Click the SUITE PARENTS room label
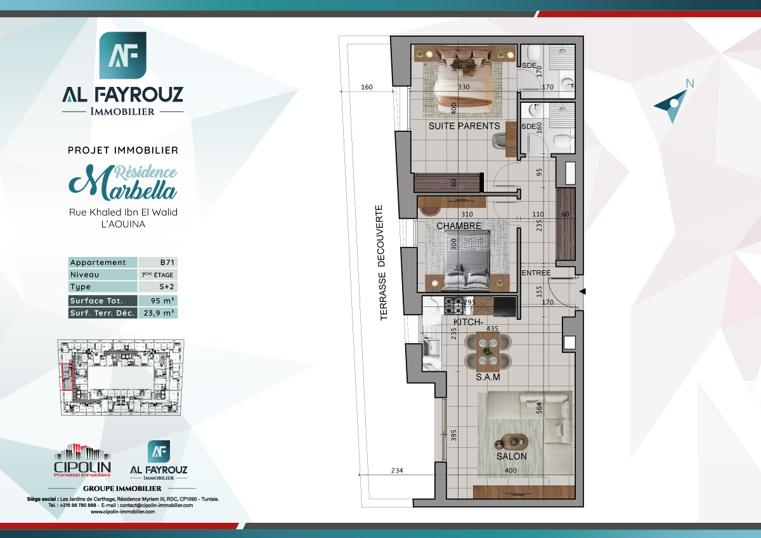pos(464,126)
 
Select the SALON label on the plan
pos(511,456)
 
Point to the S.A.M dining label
pos(488,377)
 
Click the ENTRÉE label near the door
pos(536,273)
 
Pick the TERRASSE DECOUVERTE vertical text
pos(383,262)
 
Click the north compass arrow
pos(672,103)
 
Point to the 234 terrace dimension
pos(397,471)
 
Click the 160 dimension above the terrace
pos(367,88)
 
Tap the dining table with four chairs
pos(488,351)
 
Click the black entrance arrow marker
pos(583,291)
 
